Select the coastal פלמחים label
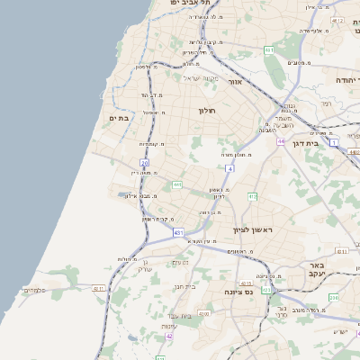point(33,290)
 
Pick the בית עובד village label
point(178,316)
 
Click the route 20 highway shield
point(143,163)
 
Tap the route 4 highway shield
point(230,168)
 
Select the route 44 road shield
point(281,140)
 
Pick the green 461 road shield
point(269,50)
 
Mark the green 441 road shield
point(178,184)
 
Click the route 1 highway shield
point(334,143)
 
